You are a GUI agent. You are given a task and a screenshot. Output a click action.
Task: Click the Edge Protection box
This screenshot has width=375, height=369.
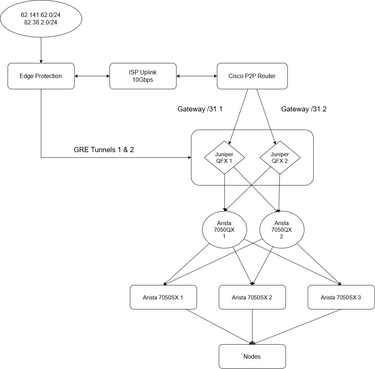pos(41,76)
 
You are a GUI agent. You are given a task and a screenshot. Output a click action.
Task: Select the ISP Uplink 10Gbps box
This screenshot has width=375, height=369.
pos(143,76)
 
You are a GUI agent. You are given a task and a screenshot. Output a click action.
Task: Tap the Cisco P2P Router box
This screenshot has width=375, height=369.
pos(252,76)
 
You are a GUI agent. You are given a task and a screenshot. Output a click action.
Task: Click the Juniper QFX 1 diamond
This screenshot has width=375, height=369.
pos(224,157)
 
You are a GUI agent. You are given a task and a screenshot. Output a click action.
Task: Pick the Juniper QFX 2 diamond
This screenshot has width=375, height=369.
pos(280,157)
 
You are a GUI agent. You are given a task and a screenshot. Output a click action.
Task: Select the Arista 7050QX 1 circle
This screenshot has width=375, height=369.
pos(224,229)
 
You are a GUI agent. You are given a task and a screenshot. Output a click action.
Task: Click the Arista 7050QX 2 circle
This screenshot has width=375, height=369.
pos(282,229)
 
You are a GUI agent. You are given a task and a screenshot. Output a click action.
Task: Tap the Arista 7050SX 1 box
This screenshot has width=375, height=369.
pos(163,297)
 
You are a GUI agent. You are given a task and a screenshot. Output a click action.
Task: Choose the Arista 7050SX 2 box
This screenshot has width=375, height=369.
pos(252,297)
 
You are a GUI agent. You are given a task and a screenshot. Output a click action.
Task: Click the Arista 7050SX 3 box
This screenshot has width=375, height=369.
pos(341,297)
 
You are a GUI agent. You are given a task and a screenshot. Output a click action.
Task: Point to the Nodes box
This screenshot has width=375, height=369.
pos(252,356)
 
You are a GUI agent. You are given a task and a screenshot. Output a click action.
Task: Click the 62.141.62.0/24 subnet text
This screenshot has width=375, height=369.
pos(41,15)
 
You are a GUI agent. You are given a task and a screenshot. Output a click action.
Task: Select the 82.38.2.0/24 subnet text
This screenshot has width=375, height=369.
pos(41,22)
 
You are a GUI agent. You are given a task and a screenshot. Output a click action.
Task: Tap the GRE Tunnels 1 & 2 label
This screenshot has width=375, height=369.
pos(103,150)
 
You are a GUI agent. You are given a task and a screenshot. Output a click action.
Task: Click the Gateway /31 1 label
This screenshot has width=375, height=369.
pos(200,109)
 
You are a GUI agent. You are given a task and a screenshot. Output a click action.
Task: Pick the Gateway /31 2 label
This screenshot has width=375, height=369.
pos(304,109)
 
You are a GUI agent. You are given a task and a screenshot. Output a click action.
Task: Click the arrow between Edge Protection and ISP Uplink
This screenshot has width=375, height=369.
pos(92,76)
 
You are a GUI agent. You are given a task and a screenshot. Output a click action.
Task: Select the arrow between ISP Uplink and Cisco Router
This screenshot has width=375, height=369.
pos(197,76)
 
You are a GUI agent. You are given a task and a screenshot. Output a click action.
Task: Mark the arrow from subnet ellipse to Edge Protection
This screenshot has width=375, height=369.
pos(41,50)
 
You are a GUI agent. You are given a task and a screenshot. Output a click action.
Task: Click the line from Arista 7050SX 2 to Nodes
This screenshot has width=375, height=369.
pos(252,327)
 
